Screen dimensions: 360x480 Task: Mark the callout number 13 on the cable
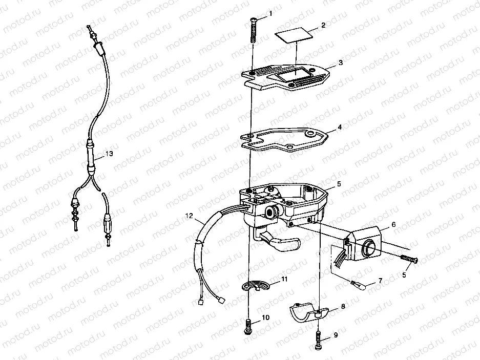(109, 153)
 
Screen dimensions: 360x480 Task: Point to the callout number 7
(380, 281)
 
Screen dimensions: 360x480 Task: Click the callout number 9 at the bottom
(336, 335)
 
